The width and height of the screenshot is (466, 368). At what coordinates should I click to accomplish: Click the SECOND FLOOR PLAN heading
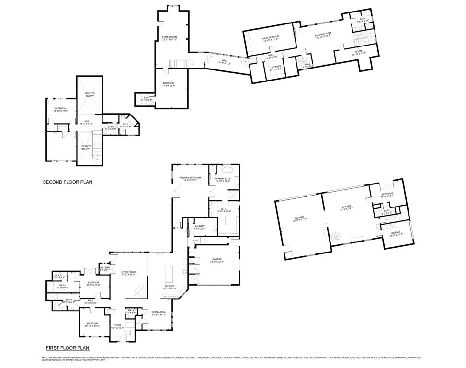pyautogui.click(x=67, y=182)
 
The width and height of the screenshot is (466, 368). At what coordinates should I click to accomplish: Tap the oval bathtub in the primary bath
pyautogui.click(x=225, y=170)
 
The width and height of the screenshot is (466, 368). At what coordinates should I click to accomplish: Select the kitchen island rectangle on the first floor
pyautogui.click(x=169, y=275)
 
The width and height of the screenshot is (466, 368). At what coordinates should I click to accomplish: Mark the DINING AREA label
pyautogui.click(x=159, y=313)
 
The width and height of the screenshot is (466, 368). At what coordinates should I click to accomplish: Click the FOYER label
pyautogui.click(x=117, y=327)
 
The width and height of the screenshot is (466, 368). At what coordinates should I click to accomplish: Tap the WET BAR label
pyautogui.click(x=104, y=269)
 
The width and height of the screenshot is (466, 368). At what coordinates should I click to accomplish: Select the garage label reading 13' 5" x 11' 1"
pyautogui.click(x=396, y=233)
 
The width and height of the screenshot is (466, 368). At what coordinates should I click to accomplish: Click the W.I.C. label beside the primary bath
pyautogui.click(x=224, y=210)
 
